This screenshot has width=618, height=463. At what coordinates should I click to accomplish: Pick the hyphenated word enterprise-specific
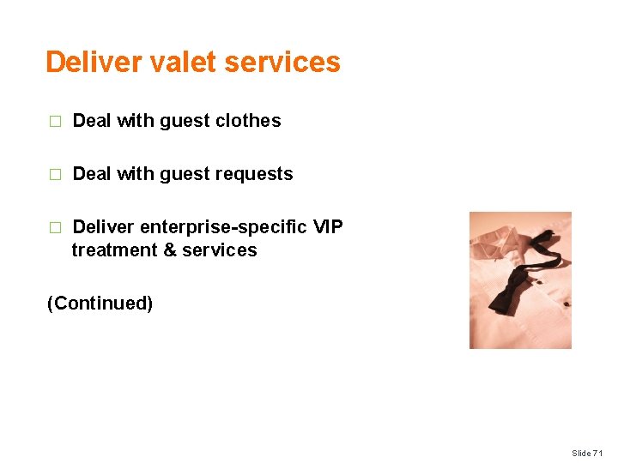pyautogui.click(x=222, y=227)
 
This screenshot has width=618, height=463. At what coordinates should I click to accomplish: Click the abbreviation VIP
pyautogui.click(x=328, y=227)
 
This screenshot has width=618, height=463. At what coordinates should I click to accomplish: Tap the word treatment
pyautogui.click(x=109, y=250)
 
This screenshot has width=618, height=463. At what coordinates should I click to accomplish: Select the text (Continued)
pyautogui.click(x=100, y=304)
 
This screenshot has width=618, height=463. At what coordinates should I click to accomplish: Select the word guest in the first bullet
pyautogui.click(x=185, y=121)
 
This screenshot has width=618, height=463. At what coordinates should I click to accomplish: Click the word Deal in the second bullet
pyautogui.click(x=92, y=174)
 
